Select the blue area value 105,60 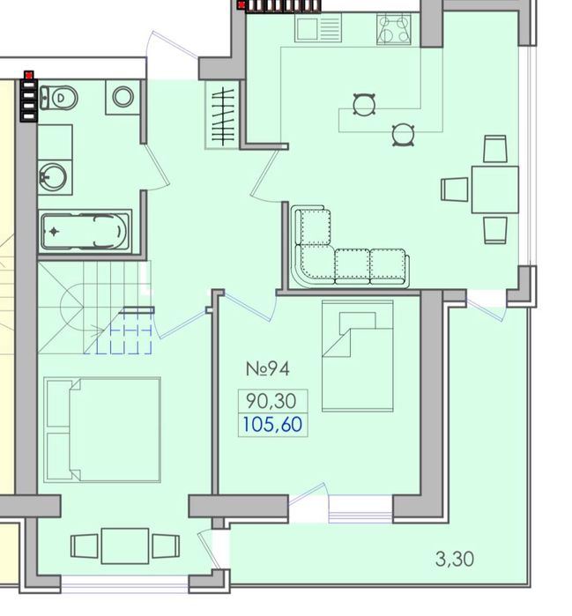coord(272,425)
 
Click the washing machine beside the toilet coord(123,97)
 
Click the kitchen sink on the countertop coord(318,29)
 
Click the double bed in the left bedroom coord(102,431)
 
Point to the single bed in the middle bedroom coord(357,356)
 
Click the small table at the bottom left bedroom coord(124,545)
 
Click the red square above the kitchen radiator coord(241,4)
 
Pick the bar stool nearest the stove coord(363,105)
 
